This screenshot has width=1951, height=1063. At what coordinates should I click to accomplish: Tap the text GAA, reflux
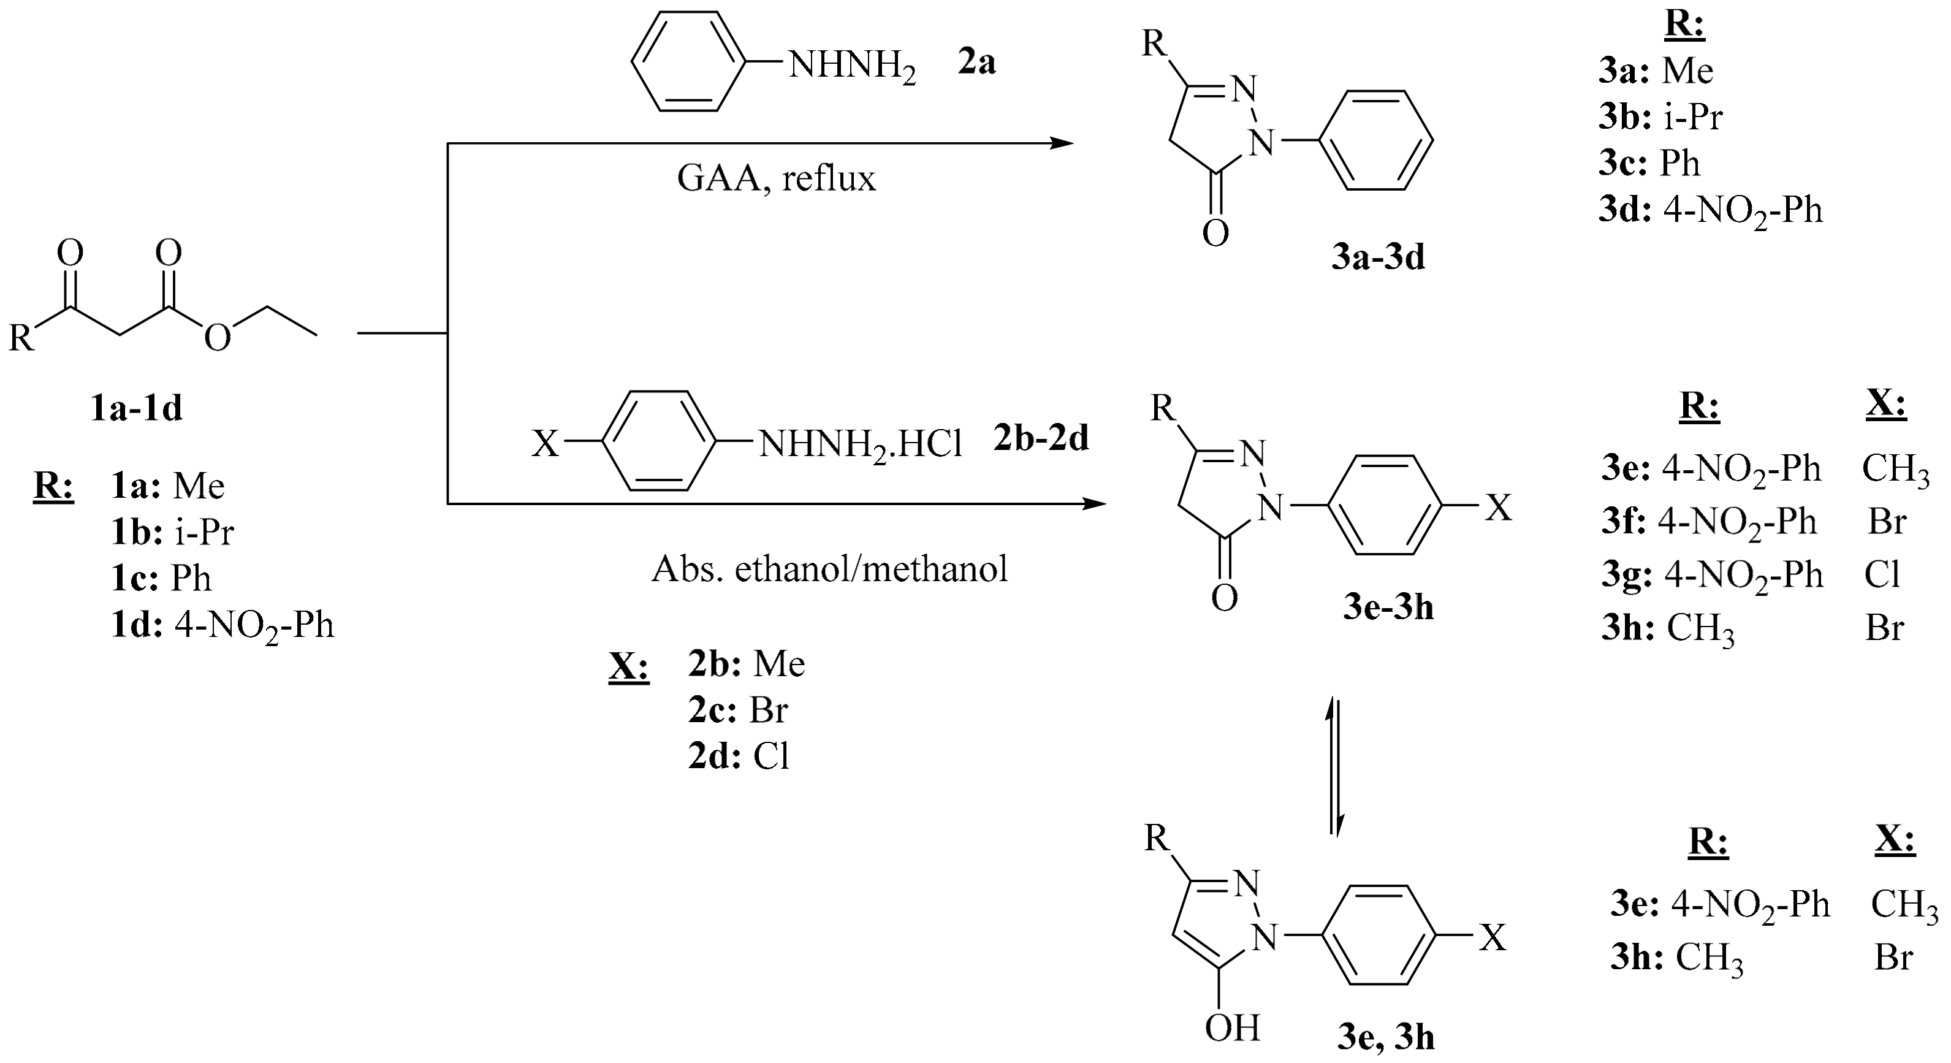pos(777,180)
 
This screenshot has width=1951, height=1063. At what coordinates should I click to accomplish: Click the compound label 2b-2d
pos(1041,438)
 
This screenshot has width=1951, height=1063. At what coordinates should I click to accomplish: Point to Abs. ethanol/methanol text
pos(829,569)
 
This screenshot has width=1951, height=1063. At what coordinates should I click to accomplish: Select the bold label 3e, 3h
pos(1385,1037)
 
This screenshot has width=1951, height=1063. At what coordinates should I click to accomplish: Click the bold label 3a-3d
pos(1378,258)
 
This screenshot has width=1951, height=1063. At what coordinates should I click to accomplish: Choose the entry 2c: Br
pos(738,711)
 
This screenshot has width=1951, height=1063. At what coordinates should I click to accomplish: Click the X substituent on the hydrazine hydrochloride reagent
pos(544,444)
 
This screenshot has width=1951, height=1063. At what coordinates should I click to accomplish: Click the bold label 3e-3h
pos(1388,608)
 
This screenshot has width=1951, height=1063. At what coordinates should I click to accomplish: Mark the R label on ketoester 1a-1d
pos(21,338)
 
